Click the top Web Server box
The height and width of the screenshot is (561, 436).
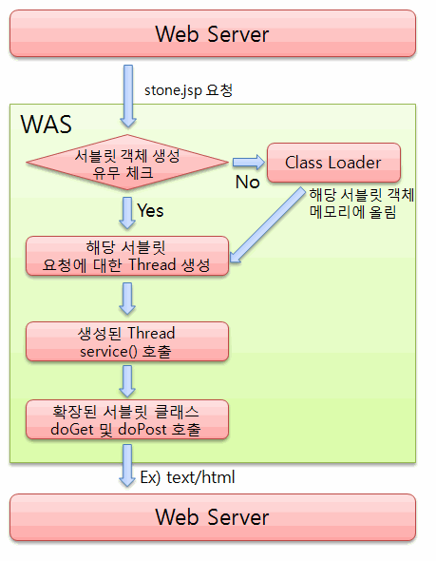(x=213, y=33)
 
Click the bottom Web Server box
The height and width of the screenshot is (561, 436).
(x=213, y=517)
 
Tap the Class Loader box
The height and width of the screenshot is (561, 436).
(x=333, y=163)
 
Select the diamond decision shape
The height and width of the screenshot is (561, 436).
(x=127, y=162)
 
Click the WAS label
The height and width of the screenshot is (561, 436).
(x=47, y=125)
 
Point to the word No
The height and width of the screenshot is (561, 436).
(x=247, y=183)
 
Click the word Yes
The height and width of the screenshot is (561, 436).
(x=150, y=210)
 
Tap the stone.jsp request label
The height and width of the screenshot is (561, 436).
(x=188, y=90)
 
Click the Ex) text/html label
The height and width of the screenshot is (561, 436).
(x=188, y=477)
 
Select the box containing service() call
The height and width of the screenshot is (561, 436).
(x=127, y=341)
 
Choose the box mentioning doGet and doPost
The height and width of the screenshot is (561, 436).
(x=127, y=419)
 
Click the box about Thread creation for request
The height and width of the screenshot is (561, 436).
(x=127, y=256)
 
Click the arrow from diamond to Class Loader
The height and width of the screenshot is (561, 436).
(x=249, y=162)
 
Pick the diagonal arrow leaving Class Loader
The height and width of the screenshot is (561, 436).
(x=267, y=225)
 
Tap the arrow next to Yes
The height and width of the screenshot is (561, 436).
(x=127, y=213)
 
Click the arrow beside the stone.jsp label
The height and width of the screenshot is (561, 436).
(x=128, y=96)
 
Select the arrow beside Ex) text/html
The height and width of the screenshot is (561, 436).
(x=127, y=466)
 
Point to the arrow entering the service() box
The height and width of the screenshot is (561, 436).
(x=127, y=299)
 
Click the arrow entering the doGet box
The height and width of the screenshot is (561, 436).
(x=127, y=381)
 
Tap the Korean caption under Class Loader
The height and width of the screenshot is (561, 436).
(x=362, y=203)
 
